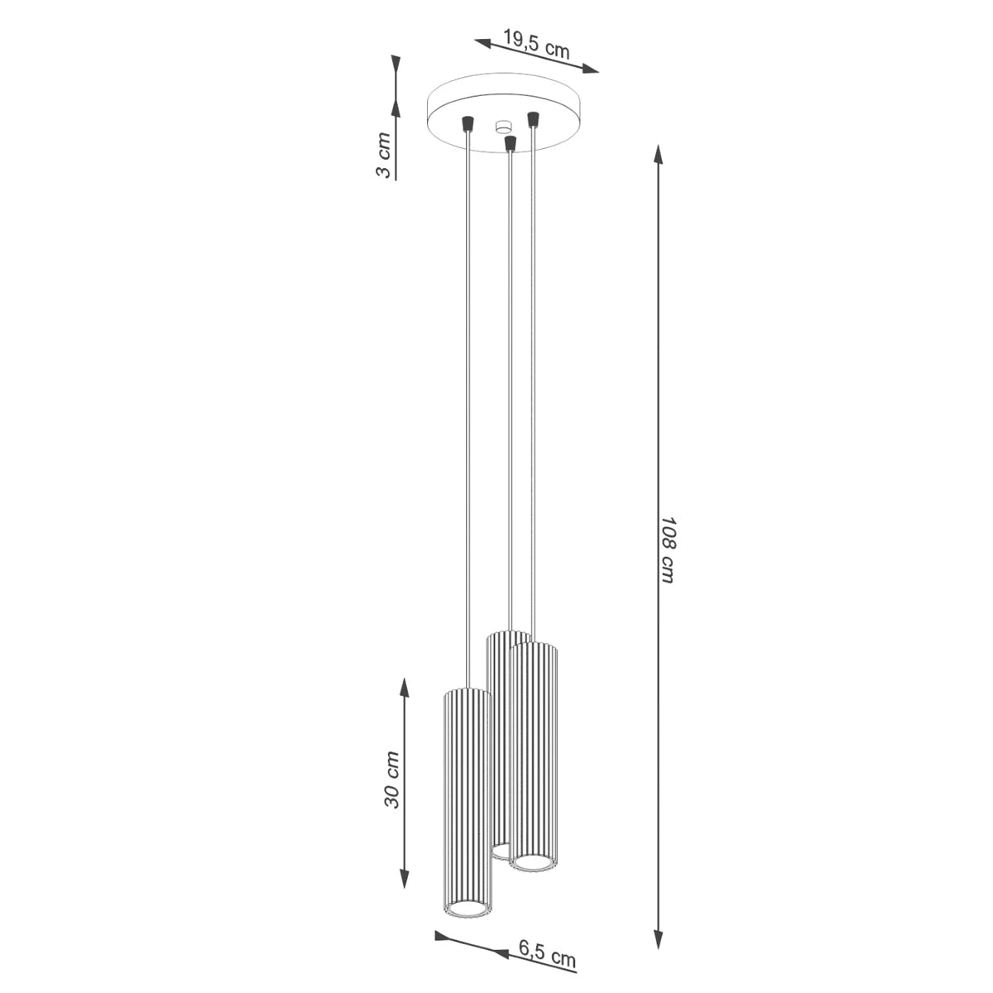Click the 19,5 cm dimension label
coord(536,44)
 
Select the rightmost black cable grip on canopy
coord(533,118)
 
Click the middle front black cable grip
coord(510,144)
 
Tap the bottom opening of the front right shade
coord(531,863)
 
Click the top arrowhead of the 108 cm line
coord(658,154)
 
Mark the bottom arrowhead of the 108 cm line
coord(659,941)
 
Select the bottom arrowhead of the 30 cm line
coord(403,880)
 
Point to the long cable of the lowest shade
coord(468,414)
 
